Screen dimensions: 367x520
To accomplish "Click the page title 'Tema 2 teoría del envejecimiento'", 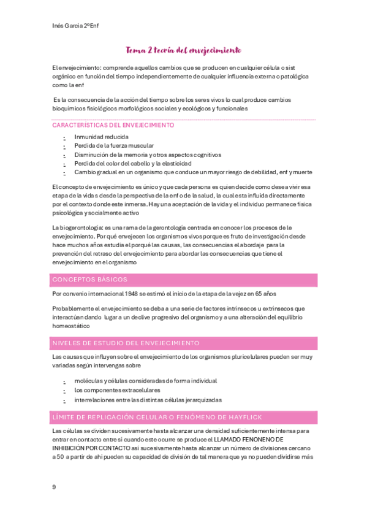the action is [183, 50].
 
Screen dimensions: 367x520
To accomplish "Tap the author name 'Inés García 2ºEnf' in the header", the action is [76, 26].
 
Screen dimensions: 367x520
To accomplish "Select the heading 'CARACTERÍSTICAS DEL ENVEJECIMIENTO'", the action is [113, 125].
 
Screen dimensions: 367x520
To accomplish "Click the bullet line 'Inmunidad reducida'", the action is [101, 137].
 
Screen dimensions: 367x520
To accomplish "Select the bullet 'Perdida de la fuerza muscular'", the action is [114, 146].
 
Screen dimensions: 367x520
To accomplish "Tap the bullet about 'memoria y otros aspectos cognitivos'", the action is [148, 155].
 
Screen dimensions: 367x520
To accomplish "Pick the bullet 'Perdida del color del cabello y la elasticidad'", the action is [133, 164].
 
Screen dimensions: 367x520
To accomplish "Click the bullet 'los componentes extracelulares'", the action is [117, 390].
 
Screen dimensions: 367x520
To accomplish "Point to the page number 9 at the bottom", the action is [54, 487].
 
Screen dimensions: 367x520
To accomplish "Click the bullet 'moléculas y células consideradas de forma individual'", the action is [145, 381].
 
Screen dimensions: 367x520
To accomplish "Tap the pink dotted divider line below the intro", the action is [184, 119].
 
